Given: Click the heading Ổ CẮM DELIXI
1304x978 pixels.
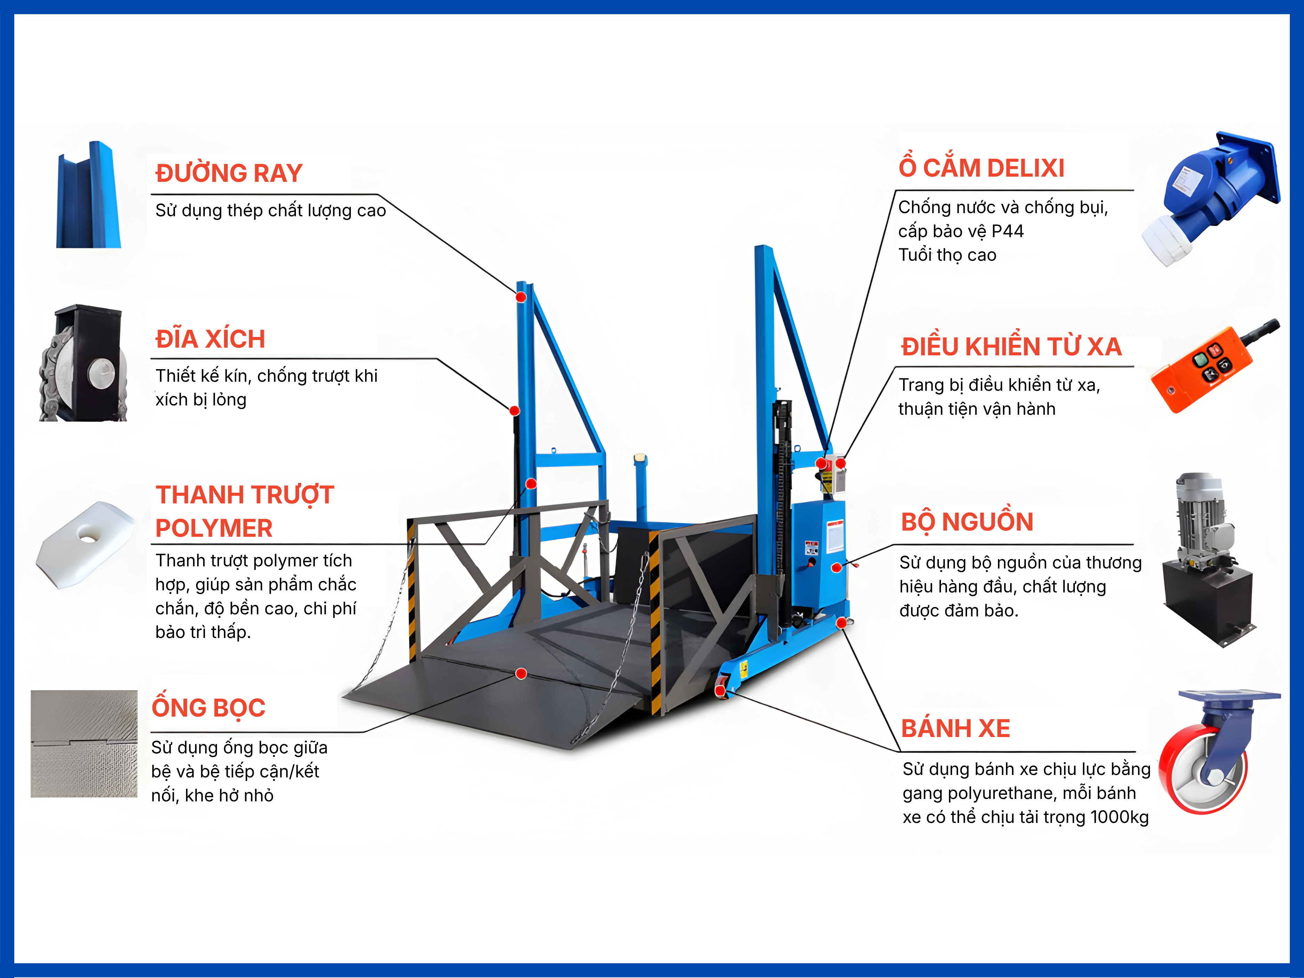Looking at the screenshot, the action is pos(982,168).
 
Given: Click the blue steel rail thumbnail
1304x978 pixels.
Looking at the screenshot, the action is pos(88,195).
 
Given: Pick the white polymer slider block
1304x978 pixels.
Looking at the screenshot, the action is pos(86,544).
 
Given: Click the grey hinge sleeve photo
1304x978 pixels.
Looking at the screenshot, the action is pos(84,744).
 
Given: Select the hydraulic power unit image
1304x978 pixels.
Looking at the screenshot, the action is pos(1208,560).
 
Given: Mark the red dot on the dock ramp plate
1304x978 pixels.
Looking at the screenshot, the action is pos(521,673).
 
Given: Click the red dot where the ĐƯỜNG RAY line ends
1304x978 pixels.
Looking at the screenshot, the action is pos(521,297).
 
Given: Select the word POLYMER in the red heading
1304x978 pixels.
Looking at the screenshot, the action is pos(214,528).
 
